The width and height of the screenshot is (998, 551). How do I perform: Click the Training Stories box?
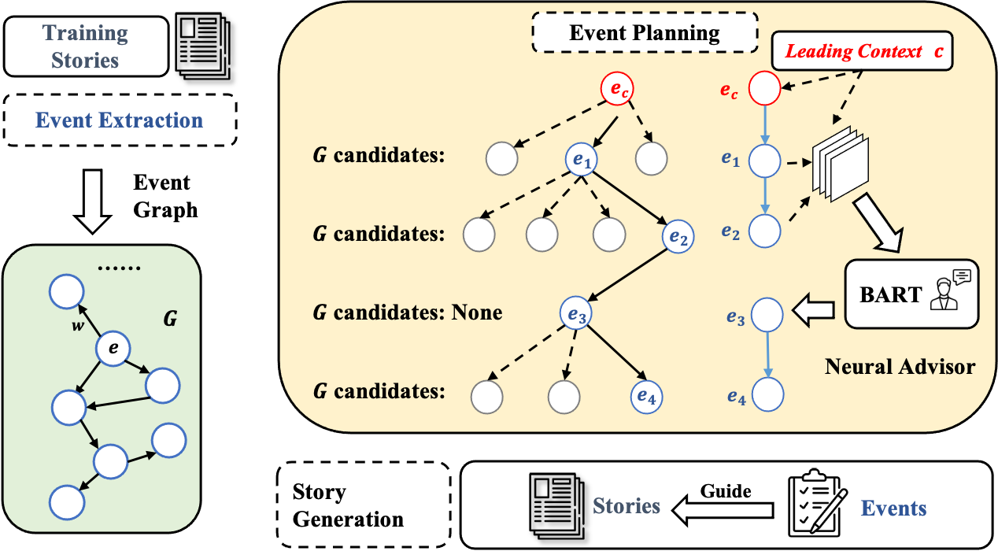(x=85, y=46)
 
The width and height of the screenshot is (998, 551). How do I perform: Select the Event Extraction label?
(x=120, y=120)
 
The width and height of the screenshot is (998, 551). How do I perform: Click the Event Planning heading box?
(x=644, y=33)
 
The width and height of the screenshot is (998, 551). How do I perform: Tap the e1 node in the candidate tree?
(x=582, y=160)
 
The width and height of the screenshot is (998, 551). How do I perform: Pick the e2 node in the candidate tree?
(x=678, y=235)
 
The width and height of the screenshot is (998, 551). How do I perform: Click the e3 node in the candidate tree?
(x=577, y=313)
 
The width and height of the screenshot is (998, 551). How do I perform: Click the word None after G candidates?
(x=476, y=312)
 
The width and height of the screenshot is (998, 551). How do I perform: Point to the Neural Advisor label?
(x=900, y=366)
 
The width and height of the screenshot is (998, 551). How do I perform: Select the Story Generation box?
(x=364, y=505)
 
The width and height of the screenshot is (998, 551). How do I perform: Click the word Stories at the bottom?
(x=626, y=505)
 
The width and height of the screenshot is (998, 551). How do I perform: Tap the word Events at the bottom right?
(x=893, y=508)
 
